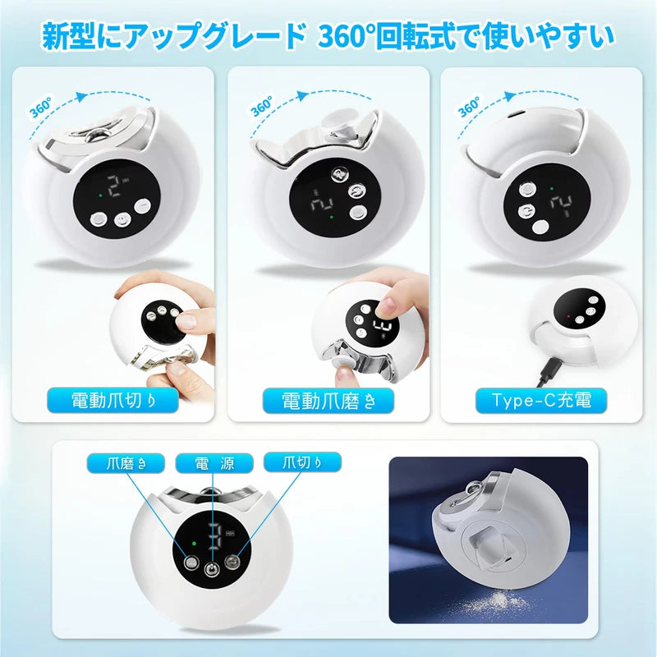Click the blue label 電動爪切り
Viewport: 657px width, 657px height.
click(113, 401)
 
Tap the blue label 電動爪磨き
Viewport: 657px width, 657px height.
click(328, 401)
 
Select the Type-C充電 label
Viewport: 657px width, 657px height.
click(543, 401)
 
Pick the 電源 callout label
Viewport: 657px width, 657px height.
click(214, 464)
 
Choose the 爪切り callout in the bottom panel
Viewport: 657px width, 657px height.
click(302, 464)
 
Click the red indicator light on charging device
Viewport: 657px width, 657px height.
click(567, 315)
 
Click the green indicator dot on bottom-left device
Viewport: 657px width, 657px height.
click(192, 543)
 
